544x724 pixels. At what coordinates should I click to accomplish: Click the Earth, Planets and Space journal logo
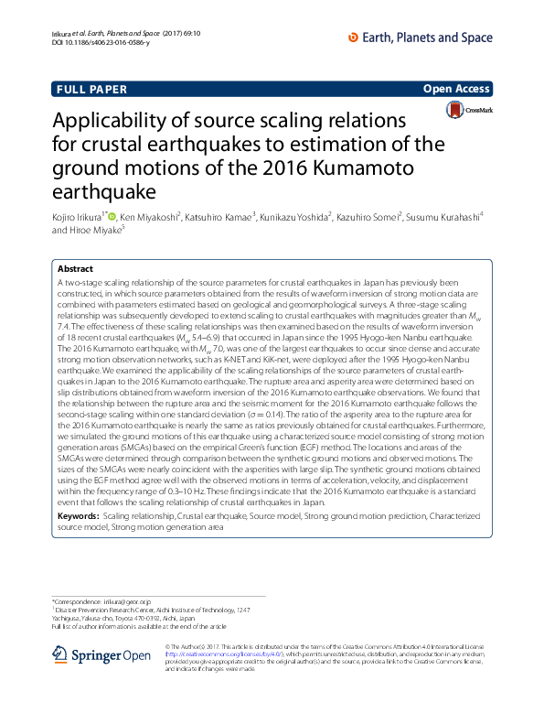coord(421,36)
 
